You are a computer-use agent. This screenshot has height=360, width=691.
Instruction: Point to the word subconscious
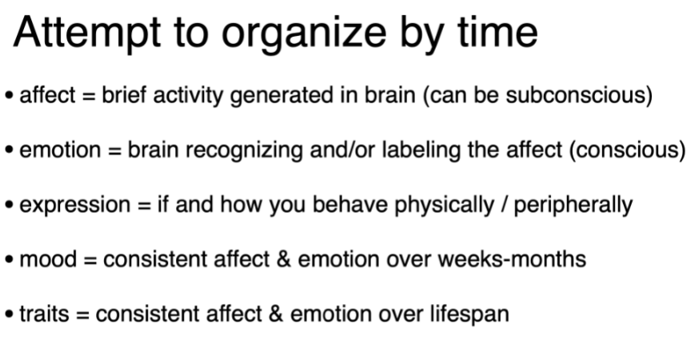584,96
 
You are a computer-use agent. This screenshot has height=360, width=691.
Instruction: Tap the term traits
43,314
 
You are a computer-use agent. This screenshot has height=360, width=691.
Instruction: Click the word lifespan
468,314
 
